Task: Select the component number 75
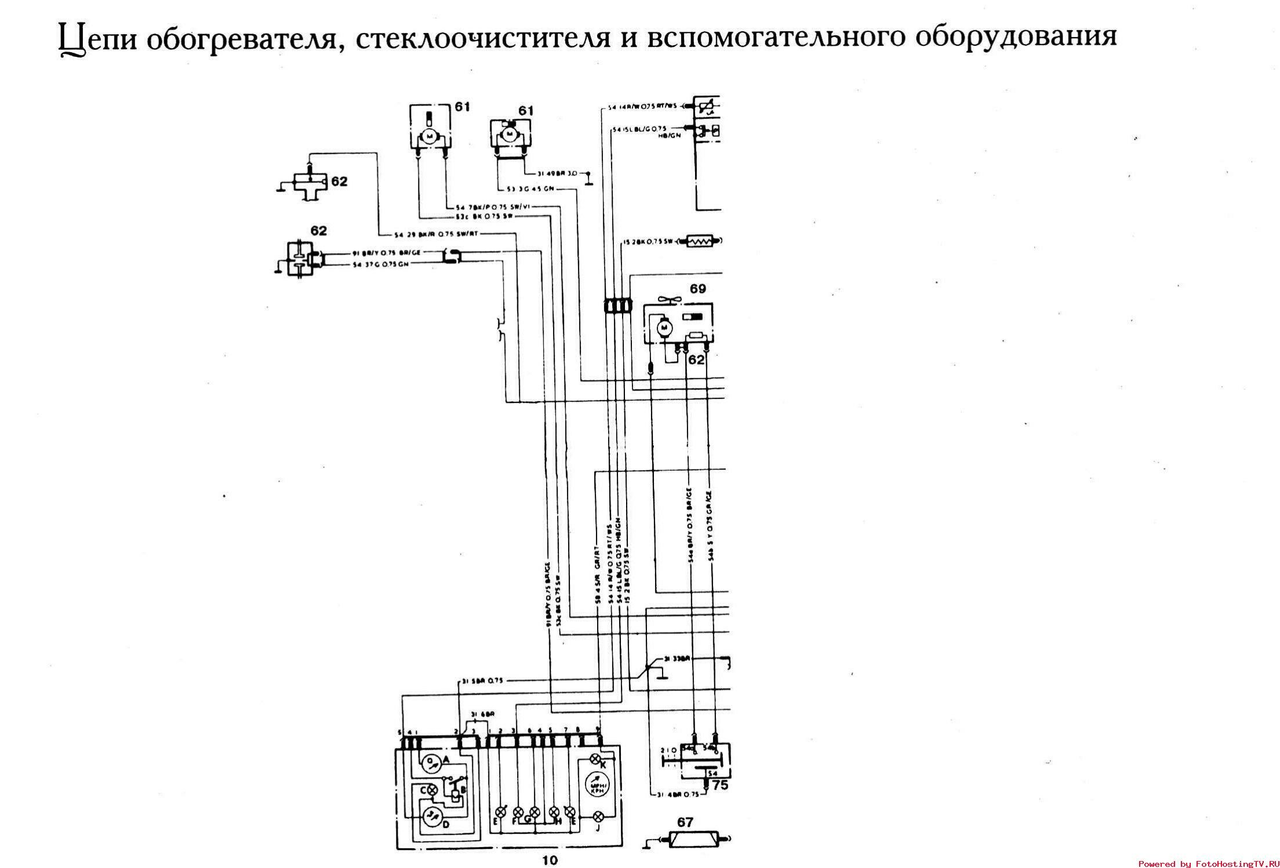(719, 786)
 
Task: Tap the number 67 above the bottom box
(685, 822)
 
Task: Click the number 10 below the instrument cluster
(550, 860)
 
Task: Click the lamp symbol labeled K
(595, 760)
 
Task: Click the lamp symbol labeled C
(432, 790)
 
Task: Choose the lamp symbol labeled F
(518, 812)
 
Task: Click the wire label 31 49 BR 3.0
(557, 173)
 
